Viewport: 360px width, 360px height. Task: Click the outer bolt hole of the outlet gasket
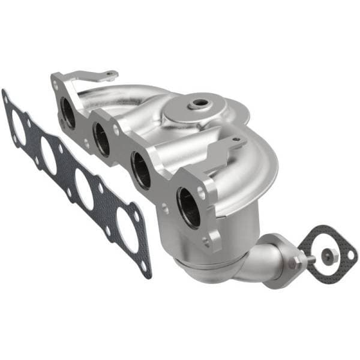(x=347, y=257)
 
